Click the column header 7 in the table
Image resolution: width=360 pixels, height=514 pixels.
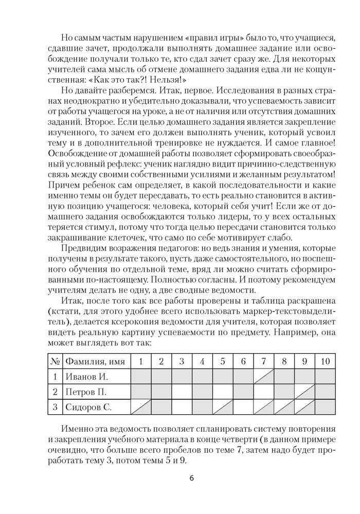click(x=263, y=361)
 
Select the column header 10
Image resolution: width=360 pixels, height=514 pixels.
click(x=325, y=361)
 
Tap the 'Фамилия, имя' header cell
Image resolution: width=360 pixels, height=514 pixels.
click(x=96, y=361)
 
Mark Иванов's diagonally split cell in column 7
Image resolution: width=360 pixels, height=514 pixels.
click(x=263, y=377)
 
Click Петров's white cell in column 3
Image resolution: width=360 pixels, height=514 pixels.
click(x=182, y=392)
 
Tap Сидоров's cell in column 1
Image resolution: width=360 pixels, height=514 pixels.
click(x=140, y=408)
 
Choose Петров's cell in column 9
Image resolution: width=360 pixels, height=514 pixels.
click(x=304, y=392)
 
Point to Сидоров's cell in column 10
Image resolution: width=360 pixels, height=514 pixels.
click(x=325, y=408)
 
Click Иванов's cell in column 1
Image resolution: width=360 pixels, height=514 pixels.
click(x=140, y=377)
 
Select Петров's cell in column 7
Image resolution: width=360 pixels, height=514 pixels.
click(x=263, y=392)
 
